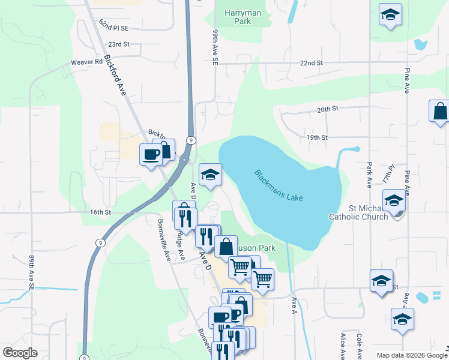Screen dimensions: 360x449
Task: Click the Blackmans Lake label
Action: point(279,185)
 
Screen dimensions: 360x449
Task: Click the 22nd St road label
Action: point(312,63)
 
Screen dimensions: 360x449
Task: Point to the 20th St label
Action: point(328,109)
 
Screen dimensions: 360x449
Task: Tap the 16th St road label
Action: point(100,212)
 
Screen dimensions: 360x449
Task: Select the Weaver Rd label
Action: point(87,62)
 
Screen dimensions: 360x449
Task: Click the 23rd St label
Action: point(119,44)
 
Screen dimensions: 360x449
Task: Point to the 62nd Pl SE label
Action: point(114,28)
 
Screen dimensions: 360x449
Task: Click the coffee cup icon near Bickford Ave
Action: point(151,155)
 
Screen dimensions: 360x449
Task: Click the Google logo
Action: point(20,353)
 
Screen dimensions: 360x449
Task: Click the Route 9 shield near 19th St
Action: point(190,140)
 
